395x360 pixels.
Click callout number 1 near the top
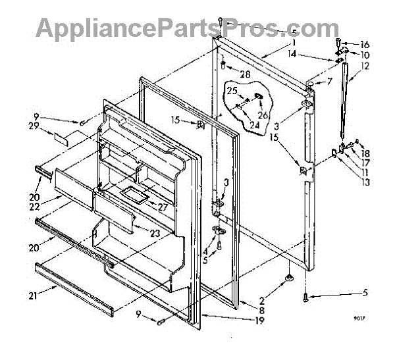tap(290, 42)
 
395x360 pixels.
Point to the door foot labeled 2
tap(288, 281)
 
